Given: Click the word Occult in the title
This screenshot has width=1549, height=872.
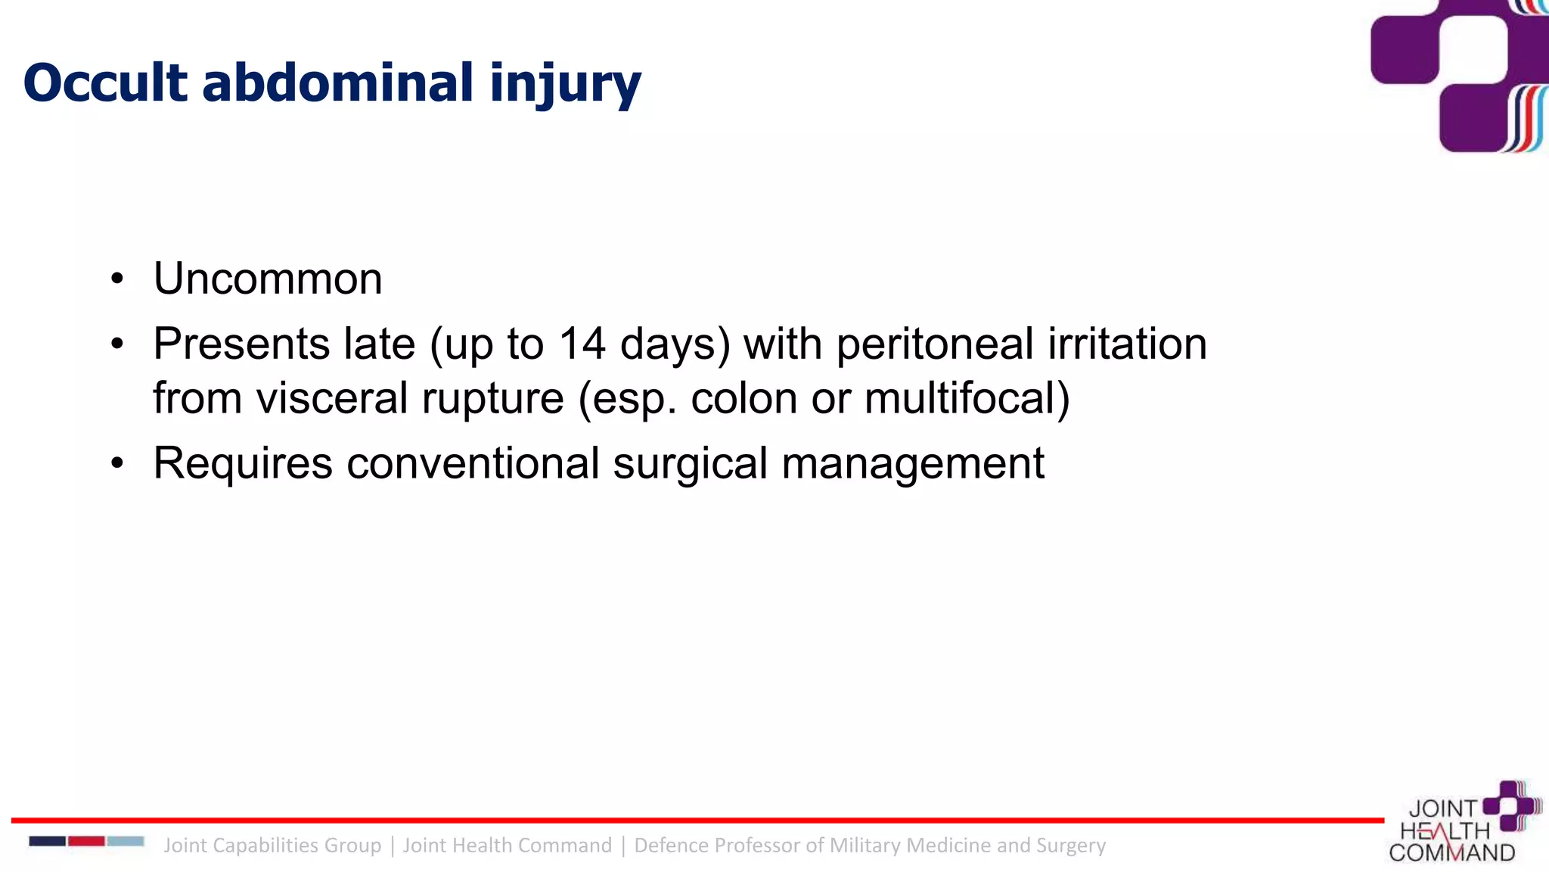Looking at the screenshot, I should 105,83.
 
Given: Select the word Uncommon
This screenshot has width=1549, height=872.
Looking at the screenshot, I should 268,279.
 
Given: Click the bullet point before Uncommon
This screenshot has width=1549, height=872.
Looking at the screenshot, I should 116,279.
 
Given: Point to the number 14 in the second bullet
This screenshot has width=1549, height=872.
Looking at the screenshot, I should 582,344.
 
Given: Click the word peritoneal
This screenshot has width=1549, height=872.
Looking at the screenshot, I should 935,344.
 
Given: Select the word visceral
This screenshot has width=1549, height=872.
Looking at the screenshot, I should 332,398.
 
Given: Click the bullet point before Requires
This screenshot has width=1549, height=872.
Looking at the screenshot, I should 116,463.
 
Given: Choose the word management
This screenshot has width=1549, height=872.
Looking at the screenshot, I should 913,463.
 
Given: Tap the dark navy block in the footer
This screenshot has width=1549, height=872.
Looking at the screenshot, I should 47,841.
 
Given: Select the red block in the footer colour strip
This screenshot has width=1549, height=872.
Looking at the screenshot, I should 86,841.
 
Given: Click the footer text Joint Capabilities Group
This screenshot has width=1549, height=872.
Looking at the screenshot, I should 272,846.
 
